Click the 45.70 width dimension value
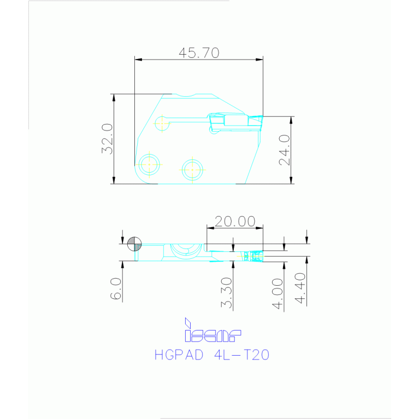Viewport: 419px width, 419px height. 199,52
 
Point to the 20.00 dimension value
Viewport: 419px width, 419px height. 234,221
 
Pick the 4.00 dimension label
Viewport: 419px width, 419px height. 278,294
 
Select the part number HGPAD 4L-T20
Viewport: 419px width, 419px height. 212,355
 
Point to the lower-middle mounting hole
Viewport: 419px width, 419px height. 192,169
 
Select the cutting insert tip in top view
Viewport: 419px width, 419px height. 255,121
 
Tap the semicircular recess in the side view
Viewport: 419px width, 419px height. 185,250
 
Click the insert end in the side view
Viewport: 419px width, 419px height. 254,256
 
